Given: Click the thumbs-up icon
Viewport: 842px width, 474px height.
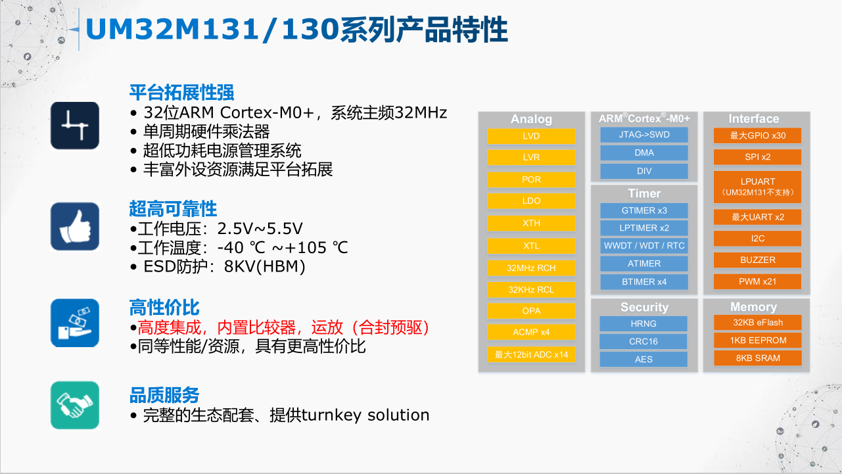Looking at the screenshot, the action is point(75,226).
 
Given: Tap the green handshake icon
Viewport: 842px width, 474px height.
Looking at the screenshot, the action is point(75,405).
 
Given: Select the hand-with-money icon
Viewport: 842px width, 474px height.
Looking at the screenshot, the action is point(75,323).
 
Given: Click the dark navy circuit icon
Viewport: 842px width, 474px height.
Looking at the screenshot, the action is point(75,126).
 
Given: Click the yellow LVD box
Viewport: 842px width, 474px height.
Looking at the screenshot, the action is point(531,136).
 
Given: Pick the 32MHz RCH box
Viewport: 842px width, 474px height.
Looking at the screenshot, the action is point(531,268).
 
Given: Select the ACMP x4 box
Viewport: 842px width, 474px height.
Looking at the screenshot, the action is point(531,332).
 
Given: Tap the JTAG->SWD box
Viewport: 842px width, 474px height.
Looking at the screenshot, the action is point(644,135).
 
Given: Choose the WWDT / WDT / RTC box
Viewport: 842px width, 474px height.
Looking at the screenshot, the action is point(644,245).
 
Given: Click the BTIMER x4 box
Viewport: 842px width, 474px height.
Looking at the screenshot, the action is point(644,282).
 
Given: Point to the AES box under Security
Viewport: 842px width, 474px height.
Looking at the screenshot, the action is point(643,360).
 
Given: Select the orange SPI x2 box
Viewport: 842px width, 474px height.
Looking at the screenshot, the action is point(757,157).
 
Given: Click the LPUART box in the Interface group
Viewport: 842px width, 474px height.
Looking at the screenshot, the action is point(757,187).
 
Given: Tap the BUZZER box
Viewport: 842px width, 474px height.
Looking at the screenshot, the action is point(757,260).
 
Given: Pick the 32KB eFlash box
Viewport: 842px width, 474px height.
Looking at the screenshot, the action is point(758,323).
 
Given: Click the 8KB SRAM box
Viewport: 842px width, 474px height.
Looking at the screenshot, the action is point(758,358).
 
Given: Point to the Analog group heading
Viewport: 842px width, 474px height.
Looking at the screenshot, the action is point(531,119).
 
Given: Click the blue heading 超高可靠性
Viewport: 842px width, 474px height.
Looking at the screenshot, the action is point(173,208).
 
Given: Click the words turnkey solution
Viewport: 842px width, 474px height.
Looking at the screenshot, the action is point(365,415).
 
